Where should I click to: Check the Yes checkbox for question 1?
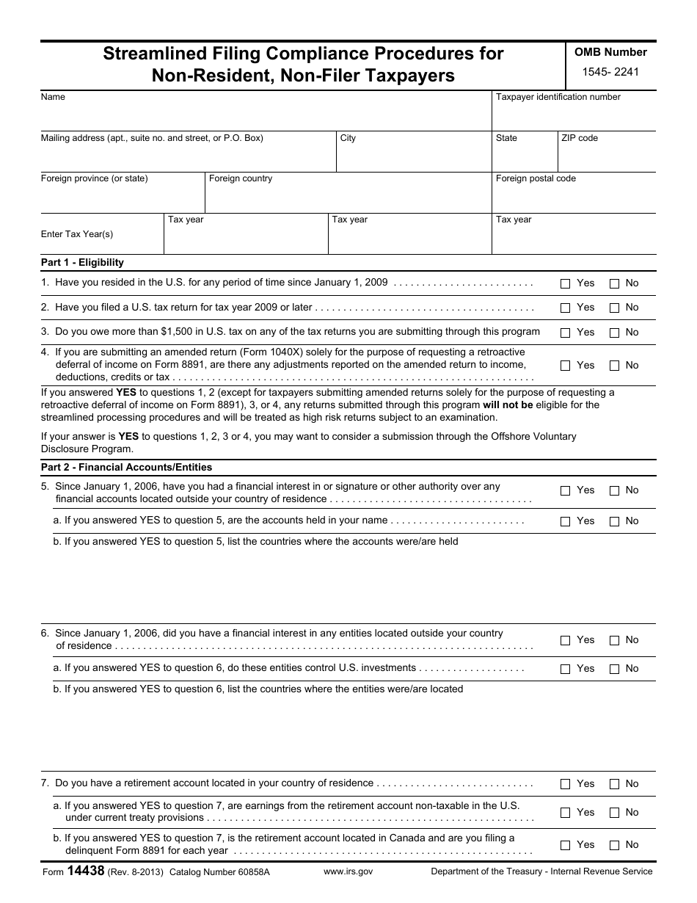tap(565, 283)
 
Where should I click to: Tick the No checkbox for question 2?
tap(615, 308)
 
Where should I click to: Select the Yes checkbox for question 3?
tap(565, 333)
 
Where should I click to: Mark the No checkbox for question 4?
tap(615, 366)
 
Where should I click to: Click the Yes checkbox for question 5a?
tap(565, 521)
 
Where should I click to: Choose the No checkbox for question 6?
tap(615, 640)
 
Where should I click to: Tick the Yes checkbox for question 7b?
tap(565, 845)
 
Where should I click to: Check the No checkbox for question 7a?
tap(615, 813)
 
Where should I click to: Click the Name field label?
tap(53, 97)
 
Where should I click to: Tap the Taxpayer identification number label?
tap(558, 97)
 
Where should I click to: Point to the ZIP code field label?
tap(579, 138)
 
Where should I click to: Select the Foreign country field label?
tap(240, 178)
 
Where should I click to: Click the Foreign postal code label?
tap(536, 178)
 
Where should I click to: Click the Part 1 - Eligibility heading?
tap(82, 262)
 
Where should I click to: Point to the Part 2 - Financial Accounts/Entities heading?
tap(126, 467)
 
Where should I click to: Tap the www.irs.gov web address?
tap(348, 871)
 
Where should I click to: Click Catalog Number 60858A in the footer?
tap(219, 871)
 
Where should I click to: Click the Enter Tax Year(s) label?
tap(77, 234)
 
